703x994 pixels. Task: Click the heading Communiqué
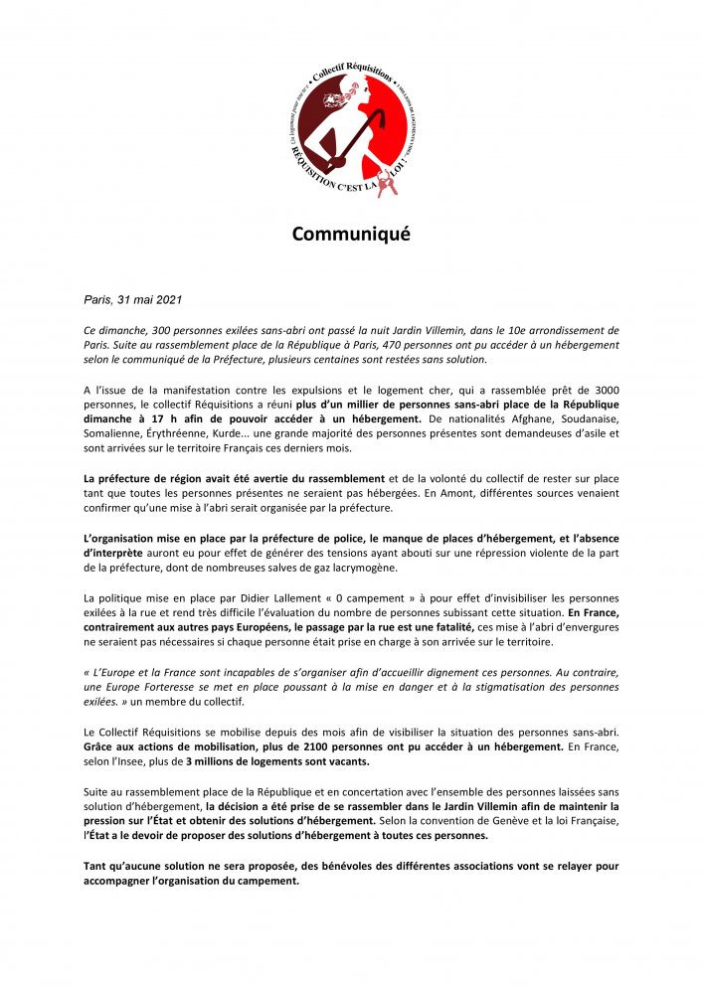click(350, 235)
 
